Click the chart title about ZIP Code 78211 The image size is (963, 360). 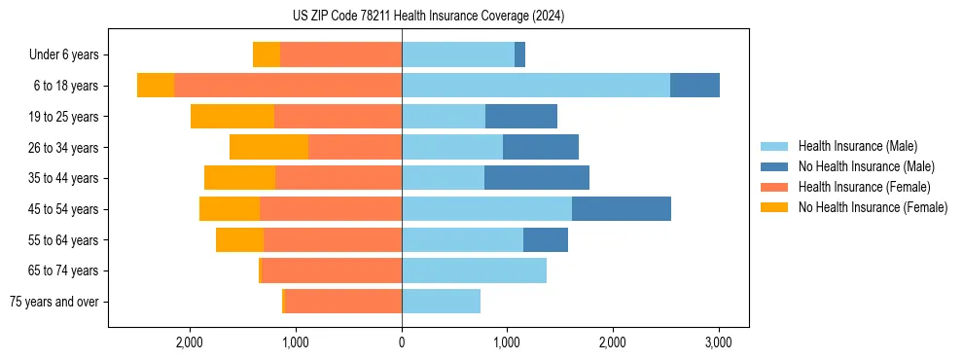click(428, 17)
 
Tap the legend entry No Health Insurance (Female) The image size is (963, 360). click(873, 207)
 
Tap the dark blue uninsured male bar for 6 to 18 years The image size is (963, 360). click(695, 86)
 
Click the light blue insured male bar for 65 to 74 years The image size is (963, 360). click(474, 270)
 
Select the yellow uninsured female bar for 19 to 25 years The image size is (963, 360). click(232, 117)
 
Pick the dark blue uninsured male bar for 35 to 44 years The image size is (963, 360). click(537, 178)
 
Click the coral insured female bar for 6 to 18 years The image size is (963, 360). click(288, 86)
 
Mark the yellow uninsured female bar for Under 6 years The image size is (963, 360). click(267, 54)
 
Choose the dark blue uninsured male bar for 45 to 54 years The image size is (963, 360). click(622, 209)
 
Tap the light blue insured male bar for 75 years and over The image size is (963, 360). click(441, 302)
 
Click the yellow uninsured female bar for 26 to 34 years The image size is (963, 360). click(269, 147)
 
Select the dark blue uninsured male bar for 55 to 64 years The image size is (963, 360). click(546, 239)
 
